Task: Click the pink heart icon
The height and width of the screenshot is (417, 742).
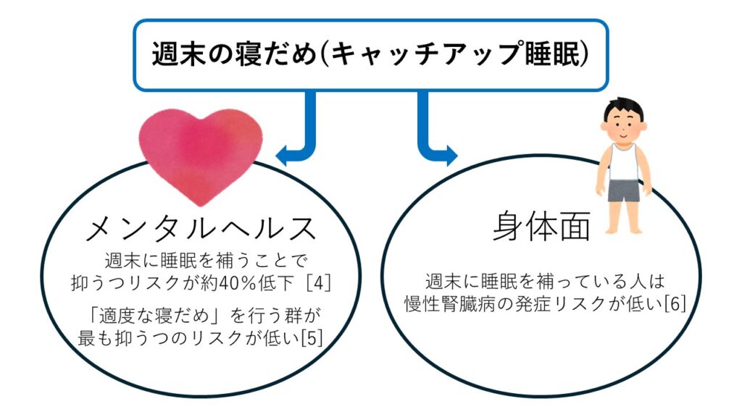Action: pos(200,153)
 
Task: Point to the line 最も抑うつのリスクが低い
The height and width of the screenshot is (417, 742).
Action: pos(192,337)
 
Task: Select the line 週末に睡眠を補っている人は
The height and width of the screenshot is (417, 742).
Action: pos(543,282)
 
